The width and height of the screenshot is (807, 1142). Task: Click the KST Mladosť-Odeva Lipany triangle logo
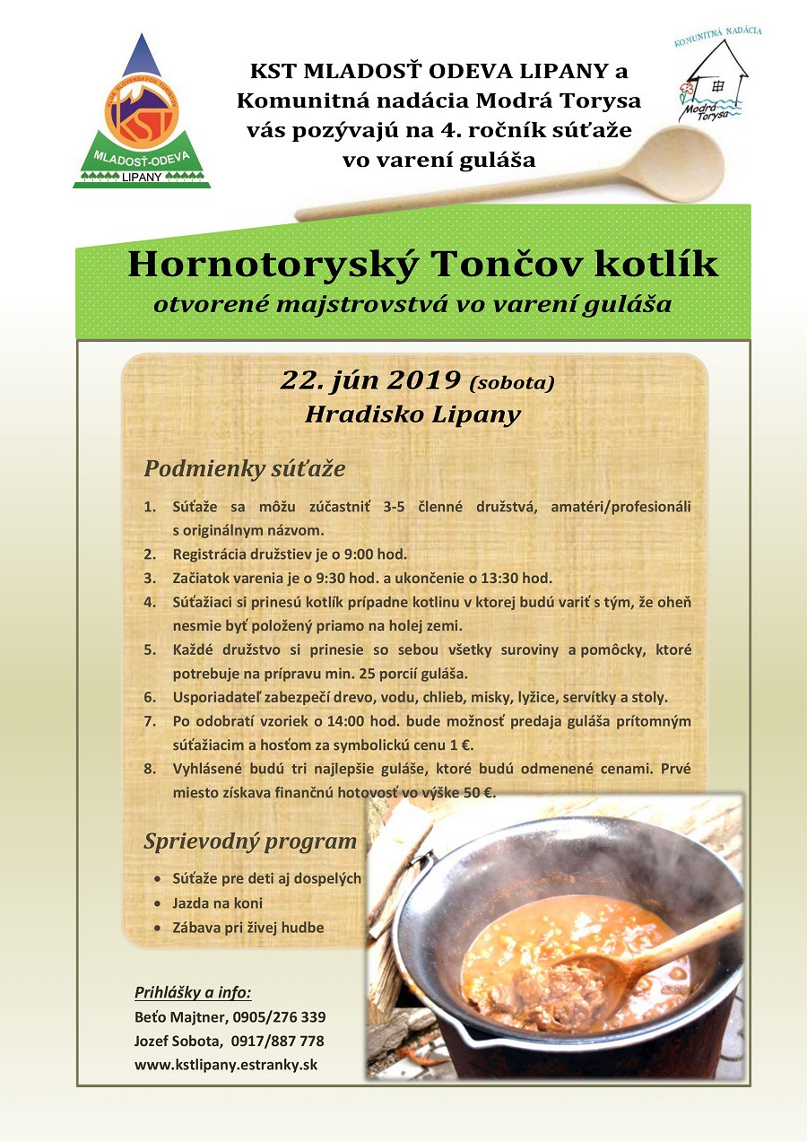pos(142,117)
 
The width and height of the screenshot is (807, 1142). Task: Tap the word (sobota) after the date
pos(512,383)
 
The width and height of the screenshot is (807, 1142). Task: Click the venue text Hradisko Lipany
pos(412,415)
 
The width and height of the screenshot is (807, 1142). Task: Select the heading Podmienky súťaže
pos(244,469)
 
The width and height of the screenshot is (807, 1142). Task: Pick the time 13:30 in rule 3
pos(529,577)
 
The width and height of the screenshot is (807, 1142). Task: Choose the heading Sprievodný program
pos(250,842)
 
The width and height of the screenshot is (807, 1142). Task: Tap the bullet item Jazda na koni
pos(217,902)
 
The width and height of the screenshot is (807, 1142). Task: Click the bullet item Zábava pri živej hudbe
pos(247,928)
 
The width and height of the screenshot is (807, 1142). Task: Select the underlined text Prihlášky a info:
pos(193,992)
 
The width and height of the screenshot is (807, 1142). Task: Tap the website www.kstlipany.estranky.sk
pos(225,1066)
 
